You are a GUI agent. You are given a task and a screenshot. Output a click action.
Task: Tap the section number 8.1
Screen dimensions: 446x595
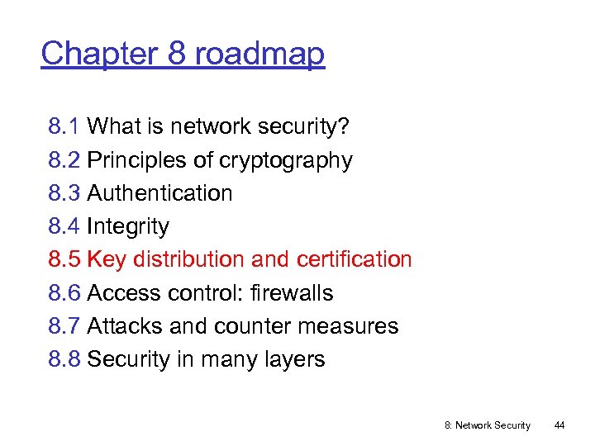64,126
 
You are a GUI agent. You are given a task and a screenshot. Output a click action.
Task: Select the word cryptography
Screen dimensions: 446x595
286,160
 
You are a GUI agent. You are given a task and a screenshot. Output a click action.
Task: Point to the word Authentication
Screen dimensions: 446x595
159,193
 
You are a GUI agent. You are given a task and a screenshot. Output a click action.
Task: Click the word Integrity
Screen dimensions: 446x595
128,226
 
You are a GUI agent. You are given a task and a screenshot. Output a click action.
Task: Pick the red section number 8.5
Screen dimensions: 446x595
64,259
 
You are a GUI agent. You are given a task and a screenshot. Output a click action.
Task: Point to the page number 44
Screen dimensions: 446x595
559,425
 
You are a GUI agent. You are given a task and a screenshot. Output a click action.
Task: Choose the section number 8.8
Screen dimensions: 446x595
64,359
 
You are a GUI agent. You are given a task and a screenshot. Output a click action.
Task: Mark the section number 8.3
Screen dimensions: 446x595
64,193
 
